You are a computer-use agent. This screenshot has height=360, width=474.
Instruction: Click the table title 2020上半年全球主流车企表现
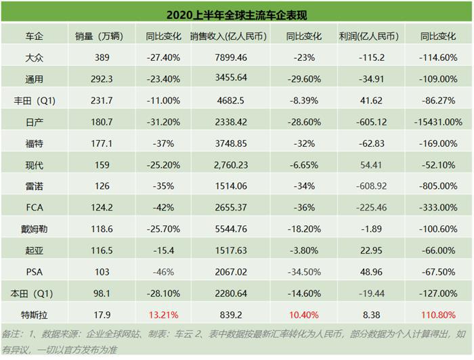237,12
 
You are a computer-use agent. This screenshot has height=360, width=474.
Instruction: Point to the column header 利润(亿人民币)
368,35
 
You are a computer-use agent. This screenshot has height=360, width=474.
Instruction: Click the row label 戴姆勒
35,228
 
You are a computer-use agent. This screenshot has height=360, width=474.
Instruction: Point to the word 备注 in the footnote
12,334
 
